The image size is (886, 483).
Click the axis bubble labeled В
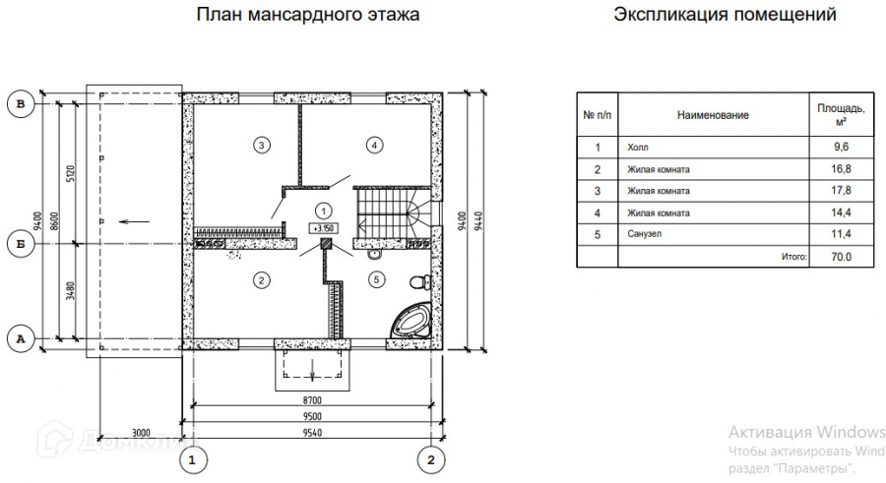tap(19, 101)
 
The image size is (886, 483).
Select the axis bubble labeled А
tap(19, 338)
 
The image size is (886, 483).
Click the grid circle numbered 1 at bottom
tap(193, 459)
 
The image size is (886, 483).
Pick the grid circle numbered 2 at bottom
tap(430, 459)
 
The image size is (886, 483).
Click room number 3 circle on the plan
tap(261, 146)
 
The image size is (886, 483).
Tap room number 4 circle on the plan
tap(373, 146)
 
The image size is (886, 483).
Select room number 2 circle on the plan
tap(261, 280)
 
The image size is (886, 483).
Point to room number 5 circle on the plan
tap(374, 280)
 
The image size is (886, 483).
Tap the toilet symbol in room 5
tap(418, 282)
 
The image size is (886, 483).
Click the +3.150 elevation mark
tap(322, 228)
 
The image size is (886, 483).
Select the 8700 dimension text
tap(312, 401)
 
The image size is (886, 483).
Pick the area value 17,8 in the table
tap(842, 191)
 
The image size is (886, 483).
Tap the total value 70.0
tap(842, 257)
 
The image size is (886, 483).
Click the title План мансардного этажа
tap(307, 15)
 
